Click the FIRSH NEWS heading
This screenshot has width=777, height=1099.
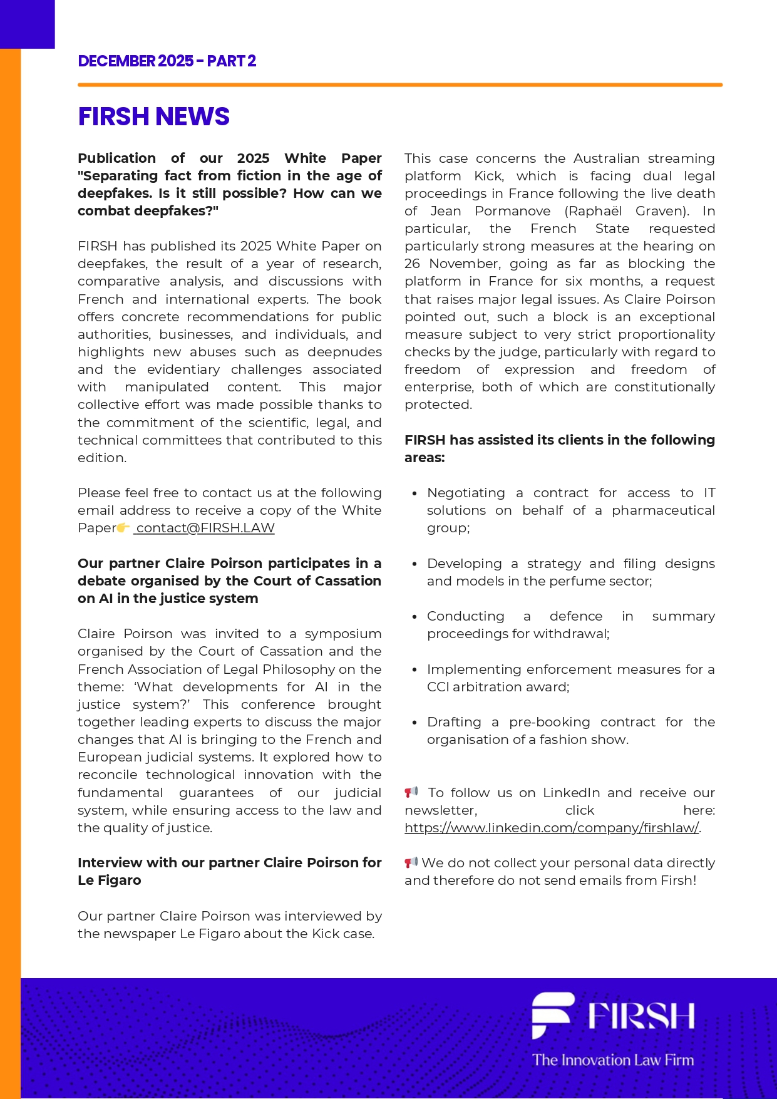153,117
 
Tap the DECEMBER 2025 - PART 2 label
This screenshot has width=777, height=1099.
167,61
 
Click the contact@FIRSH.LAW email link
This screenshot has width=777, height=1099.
205,528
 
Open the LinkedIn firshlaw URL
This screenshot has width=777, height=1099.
551,828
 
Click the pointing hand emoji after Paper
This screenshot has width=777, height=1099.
123,527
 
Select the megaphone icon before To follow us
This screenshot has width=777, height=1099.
411,792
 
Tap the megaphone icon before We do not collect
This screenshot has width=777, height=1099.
411,862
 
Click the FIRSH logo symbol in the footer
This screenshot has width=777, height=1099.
552,1014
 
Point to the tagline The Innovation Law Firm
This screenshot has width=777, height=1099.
613,1060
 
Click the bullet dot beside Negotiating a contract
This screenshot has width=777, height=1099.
414,493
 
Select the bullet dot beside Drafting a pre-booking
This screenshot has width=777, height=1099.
414,723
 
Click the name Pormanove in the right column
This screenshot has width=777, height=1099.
512,211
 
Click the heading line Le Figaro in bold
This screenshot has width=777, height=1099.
110,880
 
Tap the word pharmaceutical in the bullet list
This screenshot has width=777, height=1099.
663,510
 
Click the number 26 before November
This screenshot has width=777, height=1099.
412,264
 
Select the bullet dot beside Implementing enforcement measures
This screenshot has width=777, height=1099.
414,670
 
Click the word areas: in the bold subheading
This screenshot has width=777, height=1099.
425,458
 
